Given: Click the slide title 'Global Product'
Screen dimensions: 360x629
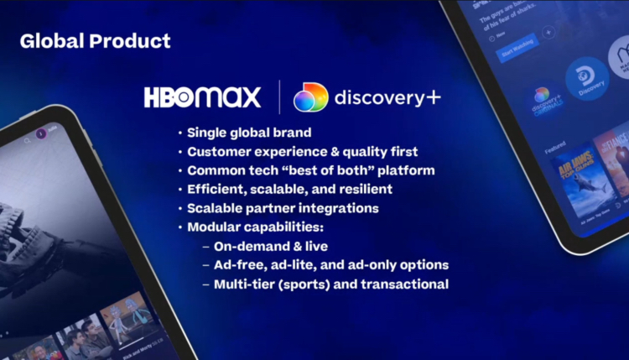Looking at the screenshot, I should pyautogui.click(x=95, y=40).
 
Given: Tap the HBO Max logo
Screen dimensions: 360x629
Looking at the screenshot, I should pyautogui.click(x=202, y=97).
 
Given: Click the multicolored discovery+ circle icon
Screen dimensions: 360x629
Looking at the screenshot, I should pyautogui.click(x=310, y=97).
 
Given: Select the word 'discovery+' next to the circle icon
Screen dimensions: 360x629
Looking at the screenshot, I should pyautogui.click(x=387, y=97).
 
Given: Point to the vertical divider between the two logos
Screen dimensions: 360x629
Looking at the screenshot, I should pyautogui.click(x=278, y=97).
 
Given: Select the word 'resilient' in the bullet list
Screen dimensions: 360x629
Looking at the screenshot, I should pyautogui.click(x=362, y=189).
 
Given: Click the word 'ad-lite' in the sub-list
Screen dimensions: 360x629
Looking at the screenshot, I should pyautogui.click(x=304, y=265).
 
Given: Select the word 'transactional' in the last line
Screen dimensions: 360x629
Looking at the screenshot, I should pyautogui.click(x=409, y=284).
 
